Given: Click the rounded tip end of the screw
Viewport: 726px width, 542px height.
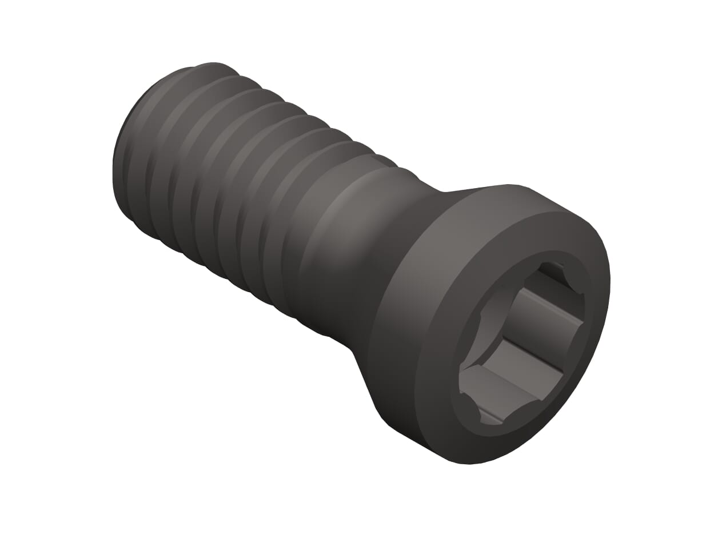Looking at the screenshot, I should pos(123,172).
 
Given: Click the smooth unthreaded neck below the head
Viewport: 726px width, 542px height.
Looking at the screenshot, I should pos(343,252).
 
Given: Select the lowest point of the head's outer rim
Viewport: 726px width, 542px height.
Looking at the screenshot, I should pos(469,464).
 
